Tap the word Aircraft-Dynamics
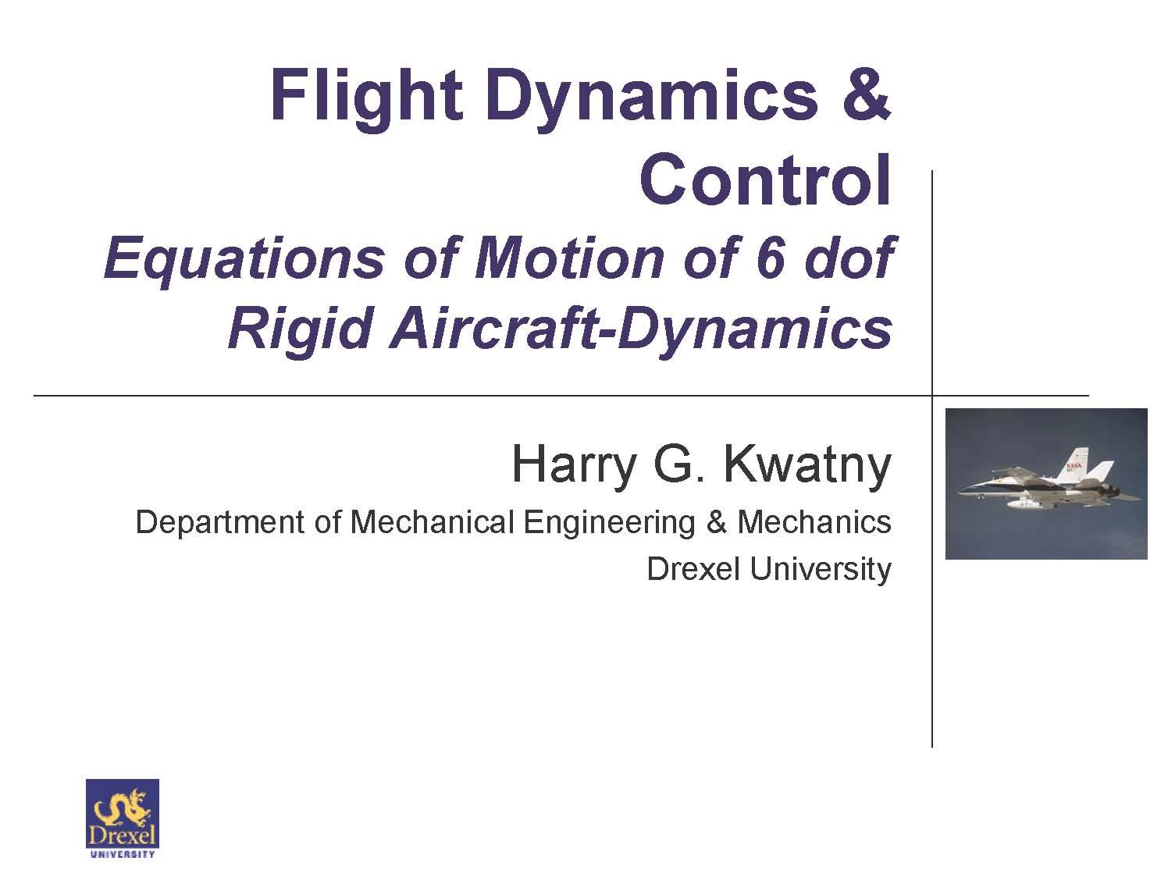[x=640, y=328]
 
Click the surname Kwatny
[x=807, y=464]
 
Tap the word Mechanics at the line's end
[x=814, y=521]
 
